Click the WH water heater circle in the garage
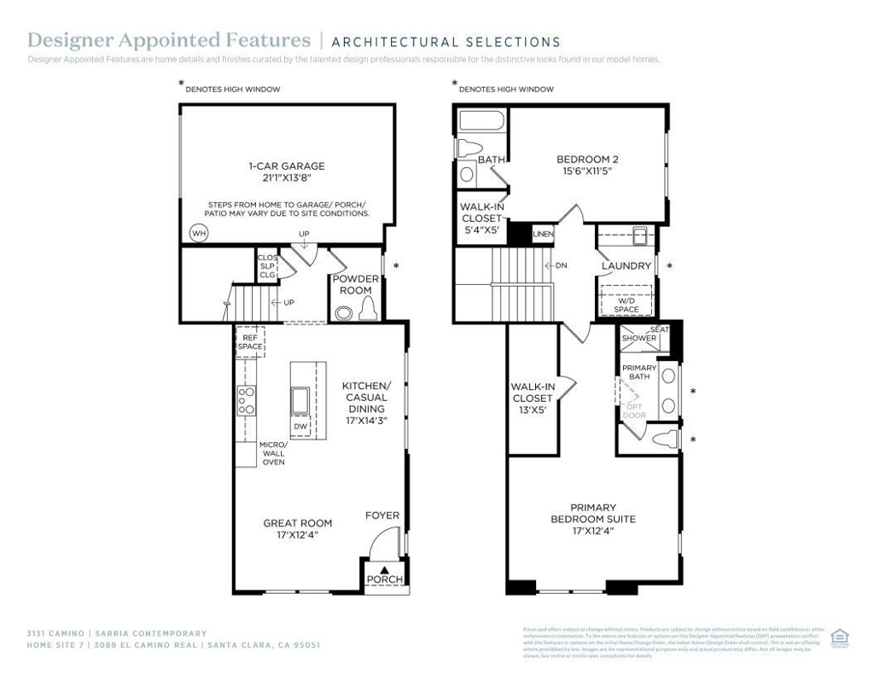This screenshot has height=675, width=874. tap(198, 233)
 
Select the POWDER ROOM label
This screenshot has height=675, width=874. tap(356, 285)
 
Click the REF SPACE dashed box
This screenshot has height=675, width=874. tap(250, 342)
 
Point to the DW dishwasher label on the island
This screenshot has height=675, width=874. tap(300, 426)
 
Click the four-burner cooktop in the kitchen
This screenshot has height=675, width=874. tap(246, 400)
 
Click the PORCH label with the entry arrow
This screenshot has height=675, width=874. tap(384, 579)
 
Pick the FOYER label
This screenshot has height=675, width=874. tap(382, 515)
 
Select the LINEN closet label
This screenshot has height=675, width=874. tap(543, 234)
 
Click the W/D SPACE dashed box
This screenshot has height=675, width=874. tap(626, 303)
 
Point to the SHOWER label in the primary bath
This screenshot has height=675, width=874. tap(639, 338)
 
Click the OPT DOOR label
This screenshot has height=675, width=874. tap(634, 410)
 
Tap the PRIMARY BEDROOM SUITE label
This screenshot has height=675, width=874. tap(593, 519)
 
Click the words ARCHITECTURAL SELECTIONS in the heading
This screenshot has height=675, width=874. tap(446, 42)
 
